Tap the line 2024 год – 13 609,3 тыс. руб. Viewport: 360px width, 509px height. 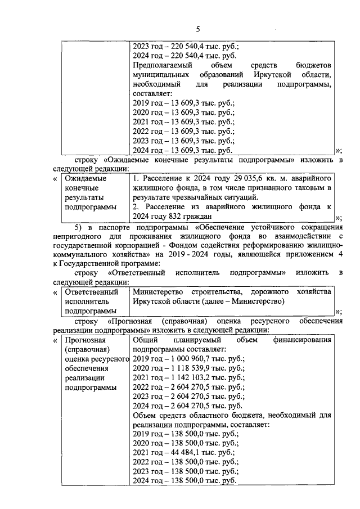point(182,150)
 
